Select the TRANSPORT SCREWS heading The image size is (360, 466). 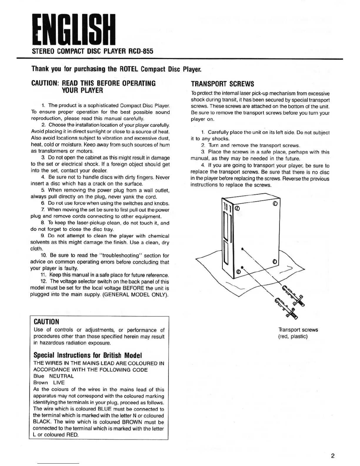click(222, 84)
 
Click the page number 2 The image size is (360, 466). click(333, 456)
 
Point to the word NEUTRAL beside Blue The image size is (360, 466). click(61, 376)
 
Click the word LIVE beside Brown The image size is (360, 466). click(59, 382)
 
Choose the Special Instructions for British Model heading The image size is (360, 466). click(88, 355)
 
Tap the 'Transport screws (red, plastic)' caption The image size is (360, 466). click(298, 333)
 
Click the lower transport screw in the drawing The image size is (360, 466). click(285, 308)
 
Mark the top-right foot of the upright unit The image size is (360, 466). click(275, 204)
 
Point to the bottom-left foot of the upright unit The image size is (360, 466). click(239, 272)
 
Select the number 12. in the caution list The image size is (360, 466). click(44, 282)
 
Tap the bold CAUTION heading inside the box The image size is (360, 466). click(46, 322)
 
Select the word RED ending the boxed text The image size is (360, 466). click(73, 435)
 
